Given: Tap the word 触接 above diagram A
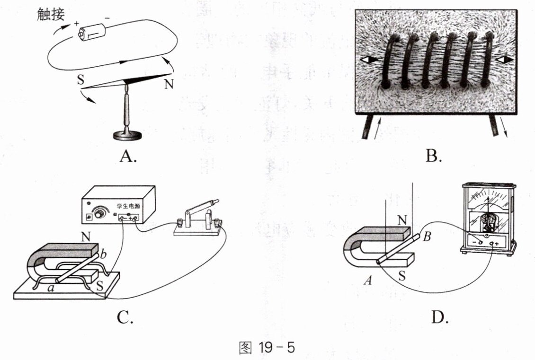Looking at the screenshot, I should [x=51, y=15].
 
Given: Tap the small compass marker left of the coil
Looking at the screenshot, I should [x=369, y=60].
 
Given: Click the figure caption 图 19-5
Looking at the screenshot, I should [x=267, y=348].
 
